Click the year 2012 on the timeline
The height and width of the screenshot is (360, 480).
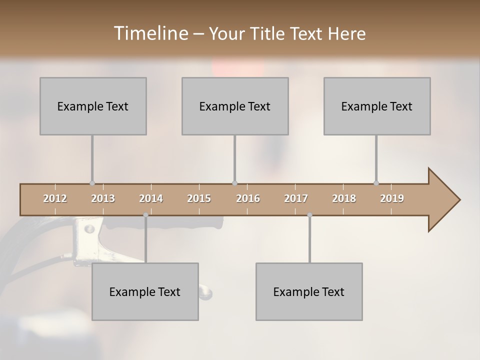click(55, 198)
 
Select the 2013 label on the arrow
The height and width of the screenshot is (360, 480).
click(103, 198)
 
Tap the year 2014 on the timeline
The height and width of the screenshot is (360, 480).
click(151, 198)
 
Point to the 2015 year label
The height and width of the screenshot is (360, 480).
click(199, 198)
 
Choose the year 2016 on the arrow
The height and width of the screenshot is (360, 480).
click(248, 198)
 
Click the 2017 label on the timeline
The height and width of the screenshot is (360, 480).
click(296, 198)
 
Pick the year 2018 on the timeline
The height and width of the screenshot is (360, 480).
click(344, 198)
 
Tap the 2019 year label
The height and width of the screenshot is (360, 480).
click(392, 198)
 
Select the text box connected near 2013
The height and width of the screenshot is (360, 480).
click(93, 106)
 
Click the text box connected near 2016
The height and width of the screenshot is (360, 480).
click(235, 106)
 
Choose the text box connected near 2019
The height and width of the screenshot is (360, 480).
click(377, 106)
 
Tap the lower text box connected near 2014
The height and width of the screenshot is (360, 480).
click(145, 291)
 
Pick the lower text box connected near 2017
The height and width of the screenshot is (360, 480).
click(309, 291)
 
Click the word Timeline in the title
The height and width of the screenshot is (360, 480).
click(150, 33)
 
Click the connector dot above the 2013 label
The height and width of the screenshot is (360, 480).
click(92, 183)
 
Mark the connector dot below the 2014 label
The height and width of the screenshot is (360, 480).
click(145, 215)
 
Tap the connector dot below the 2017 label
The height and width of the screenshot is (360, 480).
click(309, 215)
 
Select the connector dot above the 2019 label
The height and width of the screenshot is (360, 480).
click(376, 183)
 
